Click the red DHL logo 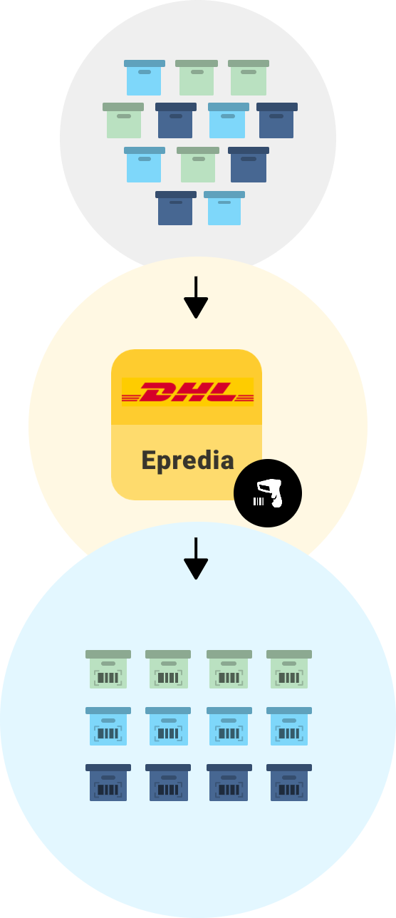[x=187, y=392]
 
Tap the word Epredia [x=187, y=461]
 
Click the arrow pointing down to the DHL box [x=196, y=297]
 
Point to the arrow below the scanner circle [x=196, y=558]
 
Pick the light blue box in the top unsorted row [x=144, y=78]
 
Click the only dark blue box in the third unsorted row [x=249, y=165]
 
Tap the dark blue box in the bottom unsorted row [x=176, y=208]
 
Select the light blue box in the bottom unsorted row [x=224, y=208]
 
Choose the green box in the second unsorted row [x=123, y=120]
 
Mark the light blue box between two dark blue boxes [x=229, y=120]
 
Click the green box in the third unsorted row [x=198, y=165]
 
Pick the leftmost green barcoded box [x=108, y=669]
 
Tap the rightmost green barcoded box [x=289, y=669]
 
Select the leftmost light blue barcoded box [x=108, y=726]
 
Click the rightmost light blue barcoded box [x=289, y=726]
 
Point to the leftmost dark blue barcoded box [x=108, y=783]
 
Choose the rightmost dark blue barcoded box [x=289, y=783]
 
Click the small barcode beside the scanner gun [x=259, y=501]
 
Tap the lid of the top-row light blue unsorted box [x=144, y=63]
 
